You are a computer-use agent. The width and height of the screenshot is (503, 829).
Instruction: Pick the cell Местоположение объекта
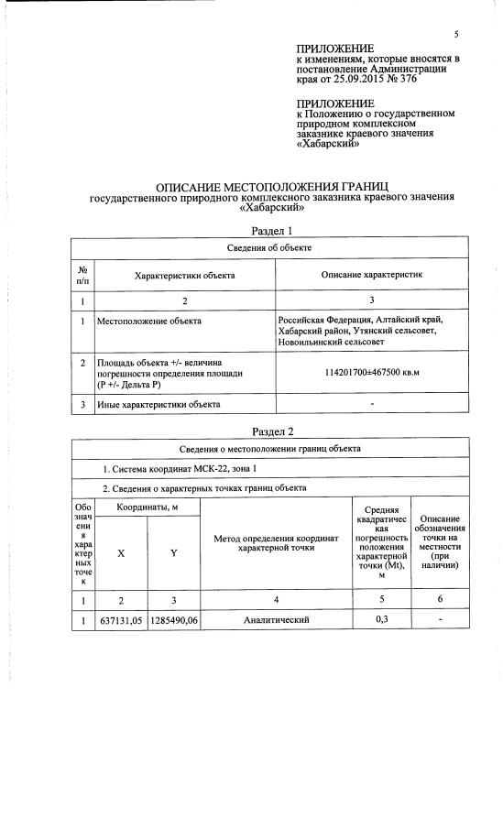[150, 321]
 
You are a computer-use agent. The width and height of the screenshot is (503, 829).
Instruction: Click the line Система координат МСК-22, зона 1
[172, 469]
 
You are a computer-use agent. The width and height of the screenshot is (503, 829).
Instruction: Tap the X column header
[121, 552]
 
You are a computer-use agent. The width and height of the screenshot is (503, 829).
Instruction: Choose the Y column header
[173, 552]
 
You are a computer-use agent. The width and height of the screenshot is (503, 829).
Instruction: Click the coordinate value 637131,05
[121, 620]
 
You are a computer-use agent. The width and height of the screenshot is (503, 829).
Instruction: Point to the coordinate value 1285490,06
[173, 620]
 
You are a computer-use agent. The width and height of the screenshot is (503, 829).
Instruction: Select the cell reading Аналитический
[275, 620]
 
